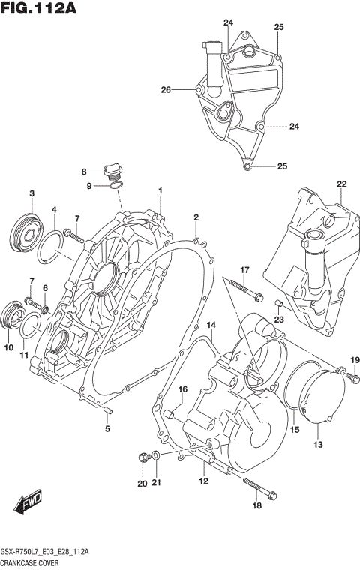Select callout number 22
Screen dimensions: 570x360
[x=341, y=184]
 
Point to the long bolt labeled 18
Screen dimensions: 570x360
[x=255, y=487]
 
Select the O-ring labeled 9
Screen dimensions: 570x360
[x=116, y=186]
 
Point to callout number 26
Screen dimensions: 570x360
[x=166, y=90]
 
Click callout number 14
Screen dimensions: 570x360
[x=211, y=325]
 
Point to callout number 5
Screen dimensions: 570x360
[x=107, y=429]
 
